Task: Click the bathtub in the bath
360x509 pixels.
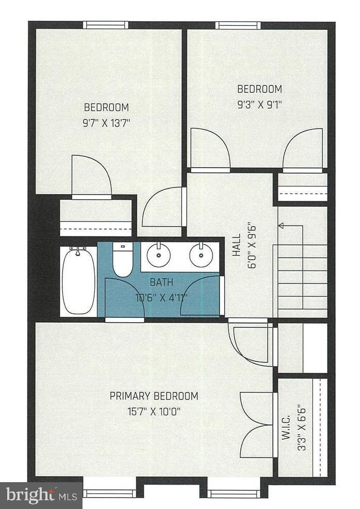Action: point(78,281)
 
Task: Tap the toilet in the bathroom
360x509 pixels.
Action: point(123,260)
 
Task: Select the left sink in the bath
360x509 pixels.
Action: point(158,254)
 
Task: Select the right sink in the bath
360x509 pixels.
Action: point(201,254)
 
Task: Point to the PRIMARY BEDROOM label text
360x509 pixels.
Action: point(154,396)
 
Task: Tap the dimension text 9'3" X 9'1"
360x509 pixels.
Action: point(259,103)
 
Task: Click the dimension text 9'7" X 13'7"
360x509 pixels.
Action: point(106,123)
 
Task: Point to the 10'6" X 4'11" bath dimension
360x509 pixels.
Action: point(161,297)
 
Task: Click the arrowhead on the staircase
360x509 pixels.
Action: point(282,225)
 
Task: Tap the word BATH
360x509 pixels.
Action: point(161,282)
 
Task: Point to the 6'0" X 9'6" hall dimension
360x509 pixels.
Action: point(253,245)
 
